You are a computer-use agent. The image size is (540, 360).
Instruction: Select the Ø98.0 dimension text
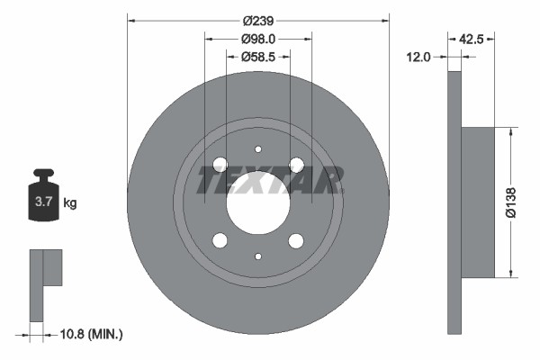tap(257, 39)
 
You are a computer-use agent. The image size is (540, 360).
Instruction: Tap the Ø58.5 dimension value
tap(257, 57)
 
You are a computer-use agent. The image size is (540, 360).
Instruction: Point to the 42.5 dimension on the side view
tap(473, 39)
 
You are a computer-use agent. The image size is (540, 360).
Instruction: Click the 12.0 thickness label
tap(419, 57)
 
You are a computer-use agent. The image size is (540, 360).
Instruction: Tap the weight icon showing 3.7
tap(42, 199)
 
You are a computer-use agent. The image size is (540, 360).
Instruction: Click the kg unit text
tap(70, 203)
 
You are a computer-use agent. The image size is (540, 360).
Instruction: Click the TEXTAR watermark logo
tap(269, 180)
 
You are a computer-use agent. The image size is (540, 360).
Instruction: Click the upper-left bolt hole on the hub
tap(220, 164)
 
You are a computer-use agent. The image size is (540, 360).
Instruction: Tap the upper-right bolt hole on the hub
tap(296, 164)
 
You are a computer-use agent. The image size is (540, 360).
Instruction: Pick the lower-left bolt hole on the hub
tap(220, 240)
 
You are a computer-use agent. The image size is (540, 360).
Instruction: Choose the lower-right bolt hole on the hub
tap(296, 240)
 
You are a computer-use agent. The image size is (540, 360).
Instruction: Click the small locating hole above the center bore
tap(257, 149)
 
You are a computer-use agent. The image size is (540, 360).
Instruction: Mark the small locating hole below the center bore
tap(257, 256)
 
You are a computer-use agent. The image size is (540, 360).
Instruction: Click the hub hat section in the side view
tap(478, 202)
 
